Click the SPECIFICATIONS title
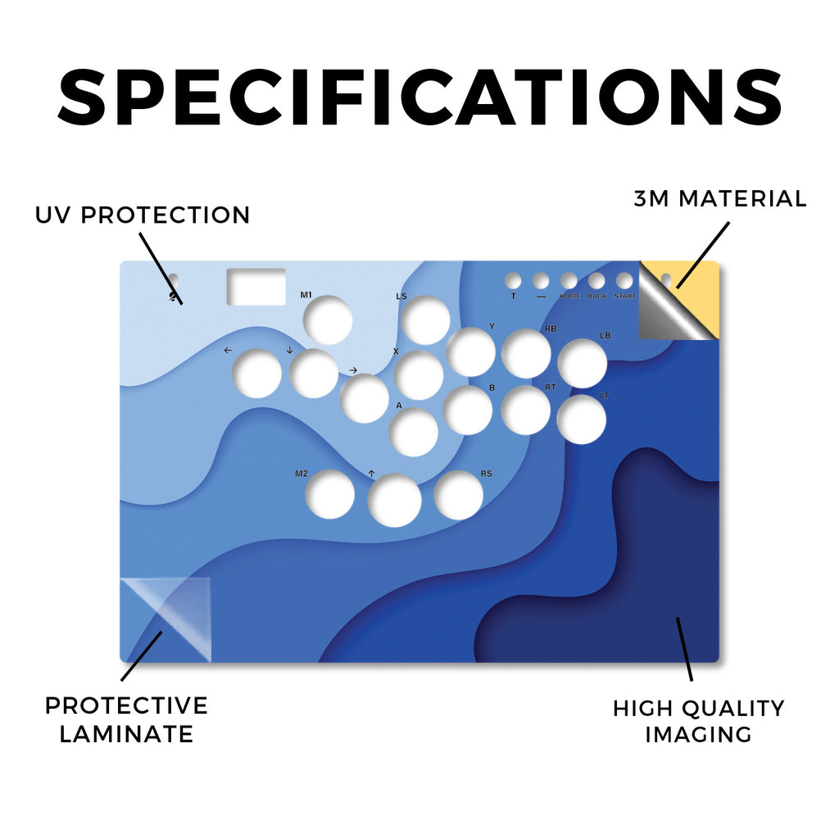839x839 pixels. point(420,98)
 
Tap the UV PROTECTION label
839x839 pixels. point(143,215)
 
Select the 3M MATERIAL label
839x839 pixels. point(720,198)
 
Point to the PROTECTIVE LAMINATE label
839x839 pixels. point(126,719)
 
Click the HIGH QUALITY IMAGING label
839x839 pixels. point(698,721)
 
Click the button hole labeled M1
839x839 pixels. point(328,320)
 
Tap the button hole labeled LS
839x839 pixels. point(425,320)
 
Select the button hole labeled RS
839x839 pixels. point(459,495)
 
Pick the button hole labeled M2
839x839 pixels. point(329,494)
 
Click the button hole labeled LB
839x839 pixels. point(583,363)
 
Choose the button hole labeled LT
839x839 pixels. point(581,419)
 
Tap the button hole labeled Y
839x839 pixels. point(471,352)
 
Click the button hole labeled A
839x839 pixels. point(414,432)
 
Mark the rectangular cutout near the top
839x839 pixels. point(256,287)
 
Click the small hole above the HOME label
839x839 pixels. point(569,280)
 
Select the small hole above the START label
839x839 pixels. point(624,280)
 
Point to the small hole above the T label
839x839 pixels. point(513,280)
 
